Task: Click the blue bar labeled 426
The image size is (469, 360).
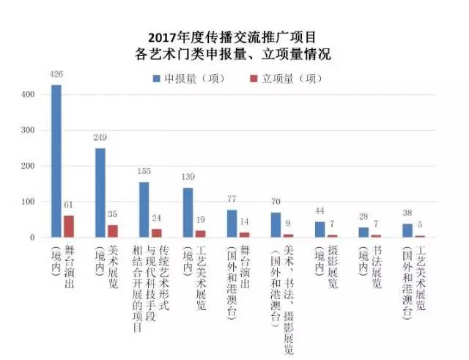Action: point(56,161)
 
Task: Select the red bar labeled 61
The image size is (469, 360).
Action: point(69,227)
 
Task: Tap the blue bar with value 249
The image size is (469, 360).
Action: point(100,193)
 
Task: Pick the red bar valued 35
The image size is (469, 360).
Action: point(113,231)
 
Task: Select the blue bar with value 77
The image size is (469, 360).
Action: point(232,224)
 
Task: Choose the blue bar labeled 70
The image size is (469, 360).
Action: point(276,225)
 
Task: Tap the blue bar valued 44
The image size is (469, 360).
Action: point(320,229)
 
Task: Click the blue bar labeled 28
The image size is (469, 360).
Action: point(363,232)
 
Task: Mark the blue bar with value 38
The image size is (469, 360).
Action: point(407,231)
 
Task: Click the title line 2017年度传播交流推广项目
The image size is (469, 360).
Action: point(234,38)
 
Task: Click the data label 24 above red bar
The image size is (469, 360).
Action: point(157,218)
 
